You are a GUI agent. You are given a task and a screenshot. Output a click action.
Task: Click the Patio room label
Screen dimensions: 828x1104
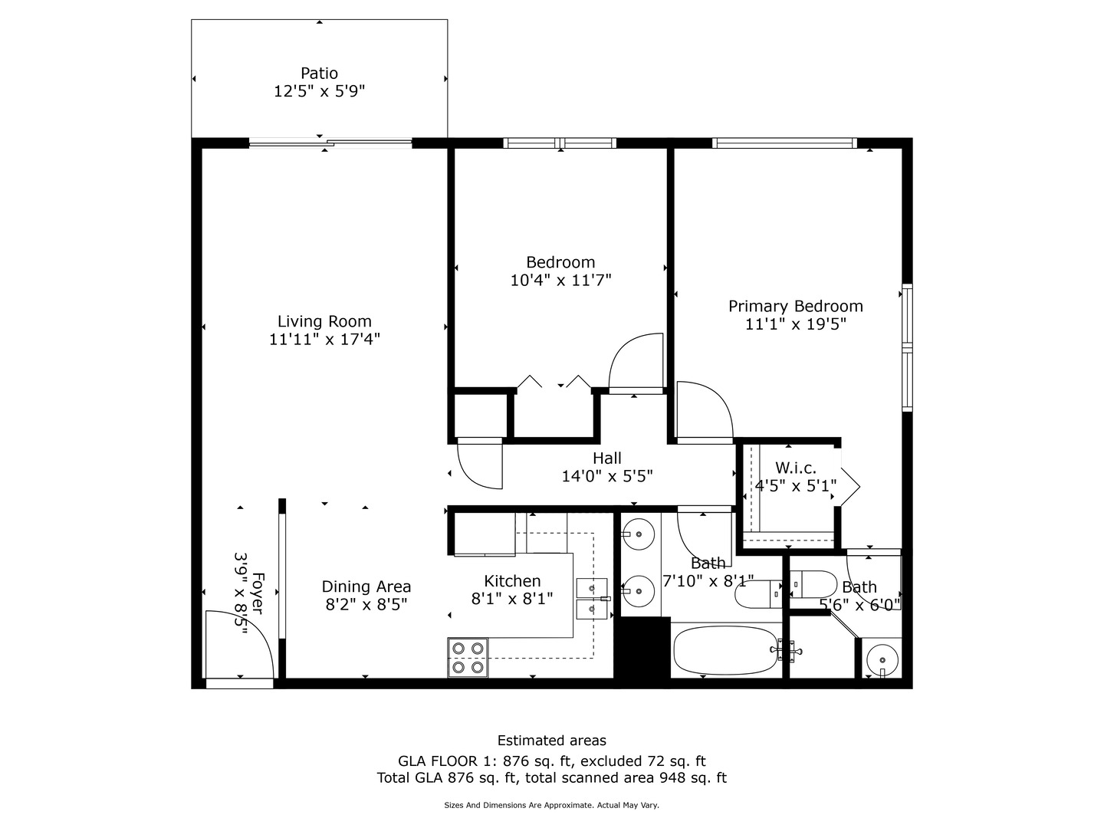tap(319, 74)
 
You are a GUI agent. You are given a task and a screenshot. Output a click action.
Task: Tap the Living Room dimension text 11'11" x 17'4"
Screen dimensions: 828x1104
tap(324, 339)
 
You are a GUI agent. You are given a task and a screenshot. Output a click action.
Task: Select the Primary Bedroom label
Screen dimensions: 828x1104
tap(795, 307)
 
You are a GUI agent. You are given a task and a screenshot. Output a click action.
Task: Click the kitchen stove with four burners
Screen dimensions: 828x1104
tap(468, 658)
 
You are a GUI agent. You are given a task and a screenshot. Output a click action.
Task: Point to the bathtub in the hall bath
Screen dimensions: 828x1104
tap(725, 651)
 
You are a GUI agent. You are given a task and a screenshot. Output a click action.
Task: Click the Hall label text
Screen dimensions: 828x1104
tap(606, 458)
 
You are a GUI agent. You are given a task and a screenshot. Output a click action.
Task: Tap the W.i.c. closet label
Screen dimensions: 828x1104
tap(795, 468)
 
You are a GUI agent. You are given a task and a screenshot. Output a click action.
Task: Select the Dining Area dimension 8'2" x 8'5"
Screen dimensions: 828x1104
tap(366, 604)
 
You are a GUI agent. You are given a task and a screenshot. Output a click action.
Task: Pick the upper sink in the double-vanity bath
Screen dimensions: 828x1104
tap(638, 532)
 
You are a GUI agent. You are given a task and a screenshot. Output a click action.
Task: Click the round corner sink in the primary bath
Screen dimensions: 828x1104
tap(883, 659)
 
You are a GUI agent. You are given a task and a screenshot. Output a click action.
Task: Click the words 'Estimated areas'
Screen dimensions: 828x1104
tap(551, 741)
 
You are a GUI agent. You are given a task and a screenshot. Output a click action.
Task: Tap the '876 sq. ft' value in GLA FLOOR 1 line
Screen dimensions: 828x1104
tap(538, 761)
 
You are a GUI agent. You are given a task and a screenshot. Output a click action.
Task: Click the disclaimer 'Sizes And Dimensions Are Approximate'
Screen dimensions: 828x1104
tap(519, 806)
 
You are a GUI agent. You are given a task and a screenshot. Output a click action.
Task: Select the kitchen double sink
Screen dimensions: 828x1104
tap(591, 599)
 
